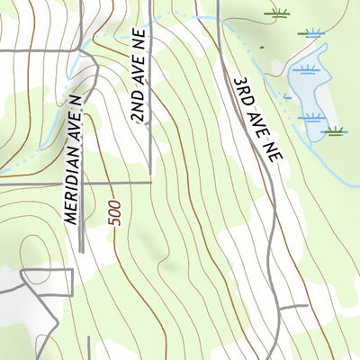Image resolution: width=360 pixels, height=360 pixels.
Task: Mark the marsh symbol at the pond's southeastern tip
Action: point(335,131)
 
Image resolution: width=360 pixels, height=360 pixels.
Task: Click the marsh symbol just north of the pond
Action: point(312,34)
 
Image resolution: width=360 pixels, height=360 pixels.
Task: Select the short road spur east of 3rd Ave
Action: point(293,308)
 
